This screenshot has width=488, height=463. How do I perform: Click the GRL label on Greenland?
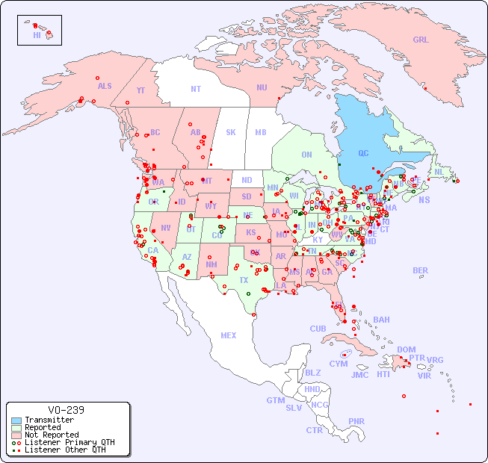point(421,40)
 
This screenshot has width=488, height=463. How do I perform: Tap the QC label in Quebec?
point(363,154)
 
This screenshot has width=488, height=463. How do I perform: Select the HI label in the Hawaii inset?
point(37,35)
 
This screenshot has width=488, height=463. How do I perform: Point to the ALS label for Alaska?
point(105,86)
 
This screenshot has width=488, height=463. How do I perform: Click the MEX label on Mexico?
point(229,335)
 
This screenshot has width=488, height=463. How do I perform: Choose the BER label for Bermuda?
point(421,270)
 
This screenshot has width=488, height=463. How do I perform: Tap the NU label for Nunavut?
point(262,87)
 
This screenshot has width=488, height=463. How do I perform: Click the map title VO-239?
point(66,410)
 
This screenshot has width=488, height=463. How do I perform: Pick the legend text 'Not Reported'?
point(52,435)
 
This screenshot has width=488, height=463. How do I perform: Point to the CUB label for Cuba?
point(318,329)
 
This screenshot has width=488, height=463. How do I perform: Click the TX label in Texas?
point(244,280)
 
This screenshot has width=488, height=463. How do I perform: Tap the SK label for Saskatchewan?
point(231,132)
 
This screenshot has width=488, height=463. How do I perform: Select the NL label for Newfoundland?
point(439,171)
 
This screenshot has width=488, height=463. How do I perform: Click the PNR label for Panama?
point(356,421)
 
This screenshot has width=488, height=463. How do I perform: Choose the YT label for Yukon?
point(140,90)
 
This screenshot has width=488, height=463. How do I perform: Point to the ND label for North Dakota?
point(247,180)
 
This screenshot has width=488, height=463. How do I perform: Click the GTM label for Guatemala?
point(275,400)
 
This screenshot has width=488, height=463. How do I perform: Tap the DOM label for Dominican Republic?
point(406,349)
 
